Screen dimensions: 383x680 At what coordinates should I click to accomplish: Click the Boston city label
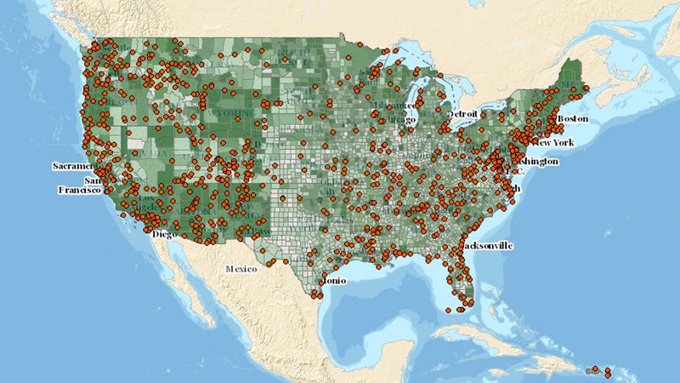(x=573, y=118)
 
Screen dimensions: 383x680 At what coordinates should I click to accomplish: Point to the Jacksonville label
(x=488, y=245)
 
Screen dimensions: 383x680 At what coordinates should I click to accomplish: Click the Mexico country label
(x=241, y=269)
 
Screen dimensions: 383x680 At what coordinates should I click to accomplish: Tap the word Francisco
(x=79, y=191)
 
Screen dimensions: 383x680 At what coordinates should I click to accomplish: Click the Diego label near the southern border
(x=165, y=233)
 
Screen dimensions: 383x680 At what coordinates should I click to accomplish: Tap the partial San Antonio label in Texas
(x=333, y=280)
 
